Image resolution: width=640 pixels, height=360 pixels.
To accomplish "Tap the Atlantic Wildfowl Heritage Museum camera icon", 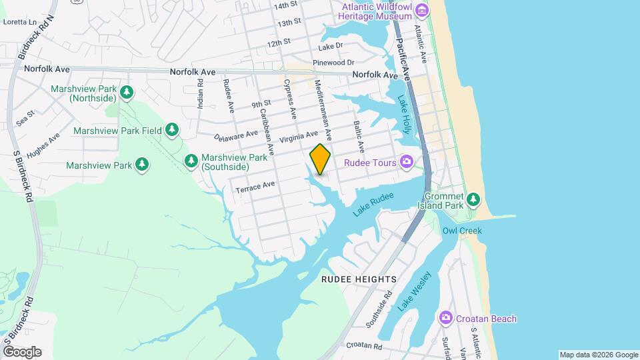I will pyautogui.click(x=421, y=10).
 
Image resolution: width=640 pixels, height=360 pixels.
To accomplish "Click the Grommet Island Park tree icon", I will pyautogui.click(x=473, y=199).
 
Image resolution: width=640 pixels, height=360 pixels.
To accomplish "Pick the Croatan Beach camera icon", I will pyautogui.click(x=446, y=319).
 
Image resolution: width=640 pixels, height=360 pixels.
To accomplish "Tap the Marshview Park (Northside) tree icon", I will pyautogui.click(x=125, y=93).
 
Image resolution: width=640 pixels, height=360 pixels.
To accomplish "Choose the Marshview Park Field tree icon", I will pyautogui.click(x=173, y=130).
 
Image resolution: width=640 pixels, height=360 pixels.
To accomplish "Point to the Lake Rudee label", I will pyautogui.click(x=374, y=204).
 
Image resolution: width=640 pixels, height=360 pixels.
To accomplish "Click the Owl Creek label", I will pyautogui.click(x=461, y=231).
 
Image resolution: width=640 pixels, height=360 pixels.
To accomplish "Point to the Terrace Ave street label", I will pyautogui.click(x=255, y=187).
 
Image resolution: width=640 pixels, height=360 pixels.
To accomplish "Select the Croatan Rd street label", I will pyautogui.click(x=364, y=347).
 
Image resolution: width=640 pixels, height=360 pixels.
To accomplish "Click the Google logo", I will pyautogui.click(x=21, y=351).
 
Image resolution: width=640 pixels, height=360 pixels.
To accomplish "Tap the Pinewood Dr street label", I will pyautogui.click(x=329, y=63).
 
